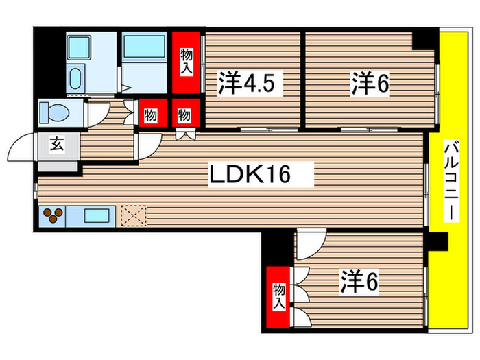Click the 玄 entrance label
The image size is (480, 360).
[56, 145]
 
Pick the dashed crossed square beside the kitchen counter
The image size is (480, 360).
[134, 216]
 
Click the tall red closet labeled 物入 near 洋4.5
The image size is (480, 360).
[187, 61]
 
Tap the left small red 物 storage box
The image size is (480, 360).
[151, 115]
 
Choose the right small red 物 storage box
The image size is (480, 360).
[184, 115]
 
